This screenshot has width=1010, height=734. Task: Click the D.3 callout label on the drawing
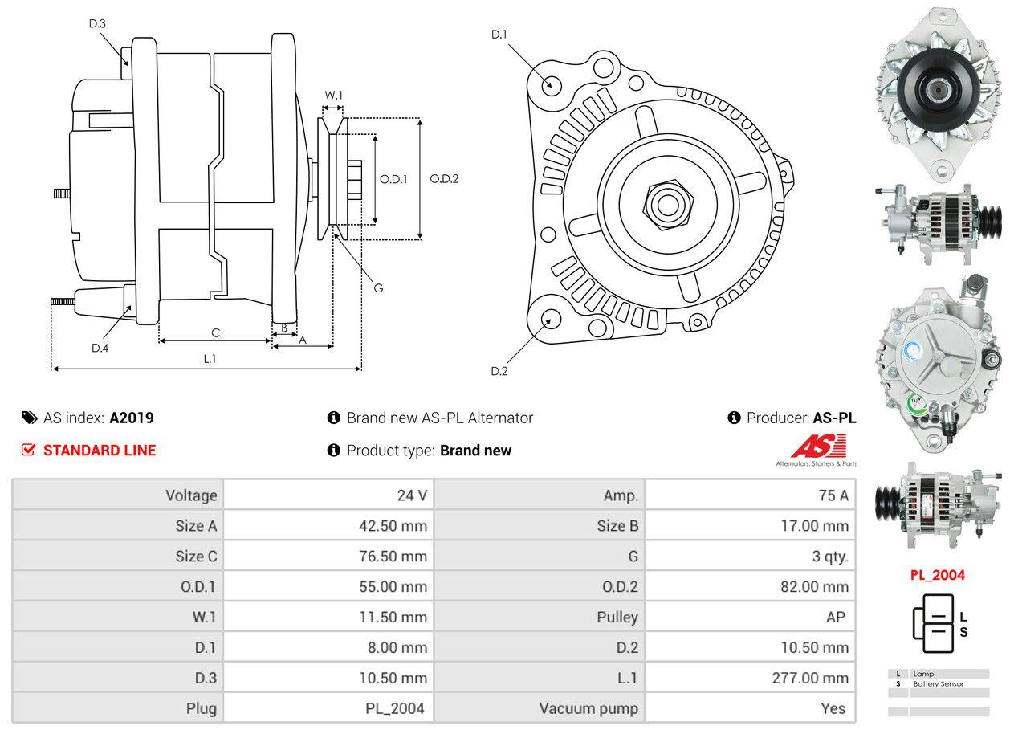(97, 23)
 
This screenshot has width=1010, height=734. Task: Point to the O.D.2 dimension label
(444, 178)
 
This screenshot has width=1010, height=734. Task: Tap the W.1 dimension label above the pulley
(333, 95)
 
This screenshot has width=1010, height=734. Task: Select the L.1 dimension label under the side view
(210, 359)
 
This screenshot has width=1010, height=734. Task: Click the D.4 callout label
(100, 348)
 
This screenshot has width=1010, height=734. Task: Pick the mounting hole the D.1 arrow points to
(551, 84)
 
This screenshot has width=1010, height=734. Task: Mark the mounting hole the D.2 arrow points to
(550, 319)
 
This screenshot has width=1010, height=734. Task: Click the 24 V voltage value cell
(412, 495)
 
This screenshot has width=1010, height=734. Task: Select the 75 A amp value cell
(833, 495)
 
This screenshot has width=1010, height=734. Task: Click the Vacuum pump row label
(588, 708)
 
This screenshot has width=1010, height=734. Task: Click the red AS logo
(818, 447)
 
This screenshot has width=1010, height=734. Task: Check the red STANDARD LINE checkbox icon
(29, 450)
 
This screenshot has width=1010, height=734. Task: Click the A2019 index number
(132, 418)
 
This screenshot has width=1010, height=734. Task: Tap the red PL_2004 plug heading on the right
(937, 575)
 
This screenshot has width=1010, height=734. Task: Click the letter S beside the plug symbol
(963, 632)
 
